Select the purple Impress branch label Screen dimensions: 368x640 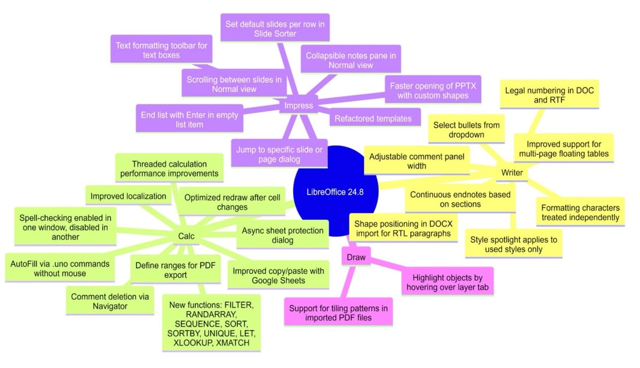298,105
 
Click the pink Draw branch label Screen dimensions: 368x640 356,257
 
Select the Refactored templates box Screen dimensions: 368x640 373,118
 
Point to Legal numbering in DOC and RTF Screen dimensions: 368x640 549,96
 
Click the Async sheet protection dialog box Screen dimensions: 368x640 283,235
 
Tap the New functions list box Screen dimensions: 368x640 211,323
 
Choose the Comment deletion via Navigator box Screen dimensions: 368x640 109,301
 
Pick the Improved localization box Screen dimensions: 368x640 128,196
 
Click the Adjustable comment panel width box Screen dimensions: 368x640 417,162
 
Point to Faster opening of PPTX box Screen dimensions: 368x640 432,91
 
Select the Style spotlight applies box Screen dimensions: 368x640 513,244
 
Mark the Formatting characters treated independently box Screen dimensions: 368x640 580,212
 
